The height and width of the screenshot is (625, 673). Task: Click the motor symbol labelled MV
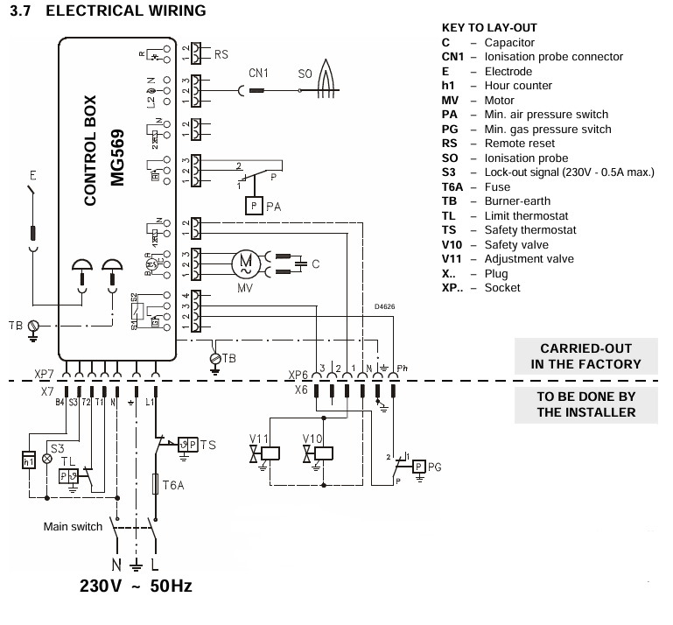pyautogui.click(x=245, y=263)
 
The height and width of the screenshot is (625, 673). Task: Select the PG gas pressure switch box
pyautogui.click(x=419, y=466)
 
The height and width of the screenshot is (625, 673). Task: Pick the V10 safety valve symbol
pyautogui.click(x=323, y=453)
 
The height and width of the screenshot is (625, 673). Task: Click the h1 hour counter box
pyautogui.click(x=29, y=459)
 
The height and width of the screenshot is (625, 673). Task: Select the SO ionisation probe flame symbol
pyautogui.click(x=328, y=76)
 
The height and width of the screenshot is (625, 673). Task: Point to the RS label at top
pyautogui.click(x=221, y=54)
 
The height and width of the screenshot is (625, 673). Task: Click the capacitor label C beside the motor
pyautogui.click(x=316, y=263)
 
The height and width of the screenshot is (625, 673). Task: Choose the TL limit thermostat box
pyautogui.click(x=68, y=476)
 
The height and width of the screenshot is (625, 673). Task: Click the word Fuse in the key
pyautogui.click(x=499, y=186)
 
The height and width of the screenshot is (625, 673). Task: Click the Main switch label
pyautogui.click(x=74, y=527)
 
